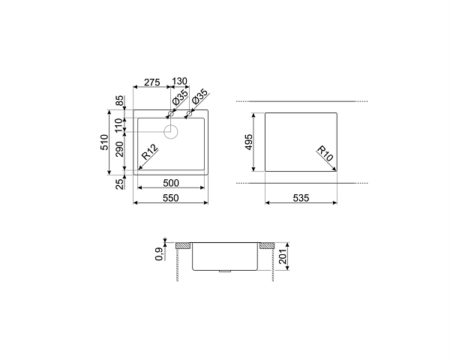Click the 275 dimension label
point(151,82)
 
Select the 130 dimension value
point(180,81)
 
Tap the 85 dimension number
point(120,100)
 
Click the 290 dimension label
point(120,149)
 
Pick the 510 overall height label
point(104,142)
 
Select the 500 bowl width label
point(171,183)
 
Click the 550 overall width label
point(171,198)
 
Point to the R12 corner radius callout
point(150,151)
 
